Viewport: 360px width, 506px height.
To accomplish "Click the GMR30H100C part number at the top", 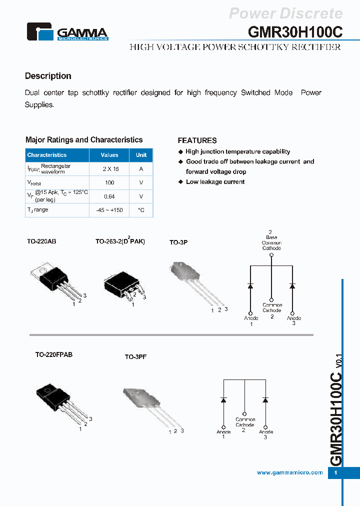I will point(295,31).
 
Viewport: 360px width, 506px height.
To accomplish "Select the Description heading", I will point(48,76).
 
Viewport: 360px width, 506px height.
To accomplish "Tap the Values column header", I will point(109,155).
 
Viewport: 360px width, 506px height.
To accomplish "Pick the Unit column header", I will point(141,155).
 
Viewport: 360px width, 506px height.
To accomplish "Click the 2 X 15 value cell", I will point(109,169).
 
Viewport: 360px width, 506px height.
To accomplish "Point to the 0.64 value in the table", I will point(109,196).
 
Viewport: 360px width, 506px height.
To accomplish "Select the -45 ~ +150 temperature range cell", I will point(109,210).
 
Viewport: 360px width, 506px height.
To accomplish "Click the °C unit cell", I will point(141,210).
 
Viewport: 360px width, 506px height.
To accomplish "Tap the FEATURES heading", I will point(197,140).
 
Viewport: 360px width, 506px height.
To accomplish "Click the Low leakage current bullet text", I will point(215,182).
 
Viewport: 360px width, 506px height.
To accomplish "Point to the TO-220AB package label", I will point(41,241).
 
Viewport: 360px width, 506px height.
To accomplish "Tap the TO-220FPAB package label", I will point(53,354).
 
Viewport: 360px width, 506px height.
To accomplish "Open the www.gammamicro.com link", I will point(289,472).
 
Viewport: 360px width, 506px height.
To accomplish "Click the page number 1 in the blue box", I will point(336,473).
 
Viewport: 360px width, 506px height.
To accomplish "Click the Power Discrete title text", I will point(285,13).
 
